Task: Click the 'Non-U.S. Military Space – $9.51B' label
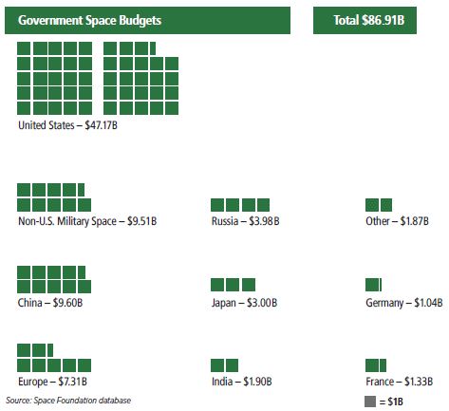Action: pos(87,221)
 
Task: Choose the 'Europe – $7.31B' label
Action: pos(53,382)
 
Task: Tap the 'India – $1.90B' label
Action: pos(242,382)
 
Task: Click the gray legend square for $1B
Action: pos(370,402)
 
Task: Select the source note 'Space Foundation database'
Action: pos(68,401)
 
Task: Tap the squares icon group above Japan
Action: pos(234,285)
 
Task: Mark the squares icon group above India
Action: pos(225,365)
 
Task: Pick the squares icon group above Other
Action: pos(379,204)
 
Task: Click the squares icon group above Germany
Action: pos(373,285)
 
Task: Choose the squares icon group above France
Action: pos(376,365)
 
